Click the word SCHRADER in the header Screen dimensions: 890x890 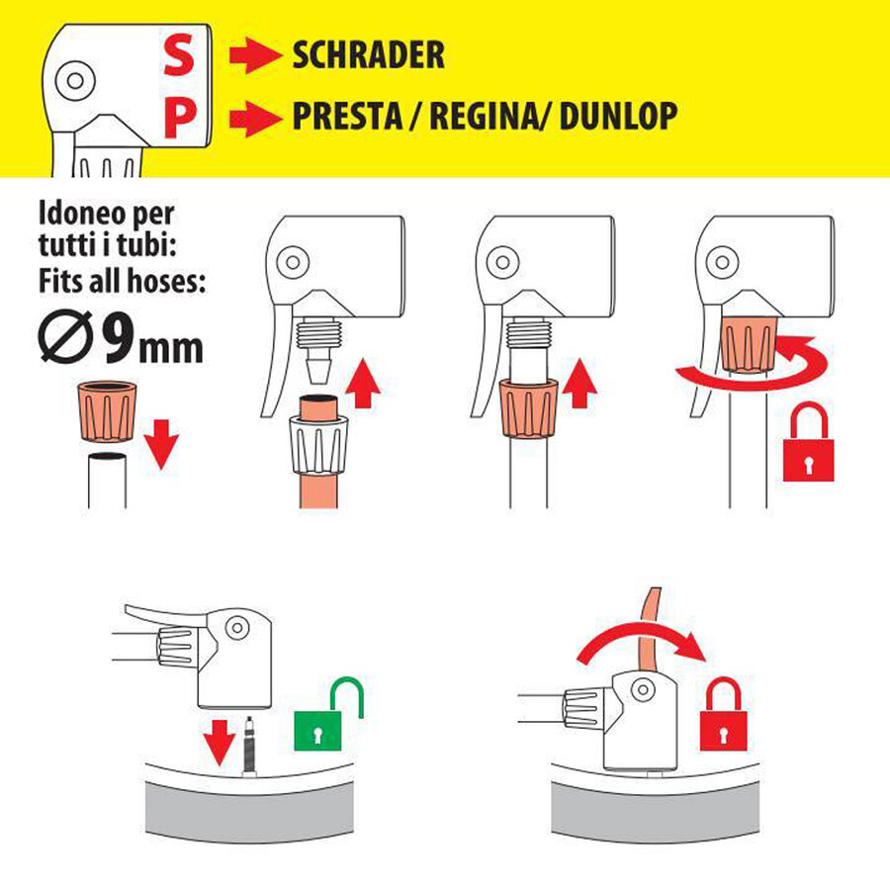(x=368, y=55)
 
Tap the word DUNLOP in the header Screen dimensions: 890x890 (x=618, y=117)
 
